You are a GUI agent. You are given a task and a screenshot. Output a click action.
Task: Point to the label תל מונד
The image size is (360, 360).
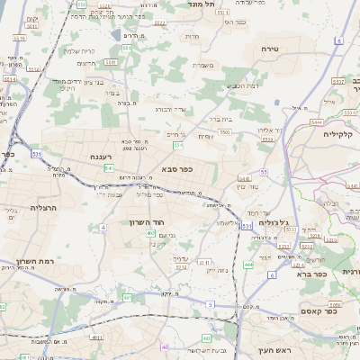pyautogui.click(x=200, y=4)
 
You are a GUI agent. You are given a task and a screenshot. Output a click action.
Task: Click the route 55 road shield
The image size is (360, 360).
pyautogui.click(x=264, y=171)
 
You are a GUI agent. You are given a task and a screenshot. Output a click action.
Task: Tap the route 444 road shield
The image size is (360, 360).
pyautogui.click(x=247, y=265)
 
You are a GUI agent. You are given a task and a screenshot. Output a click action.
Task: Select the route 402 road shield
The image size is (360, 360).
pyautogui.click(x=149, y=233)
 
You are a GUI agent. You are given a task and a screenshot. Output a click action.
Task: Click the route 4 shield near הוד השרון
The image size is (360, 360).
pyautogui.click(x=103, y=227)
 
